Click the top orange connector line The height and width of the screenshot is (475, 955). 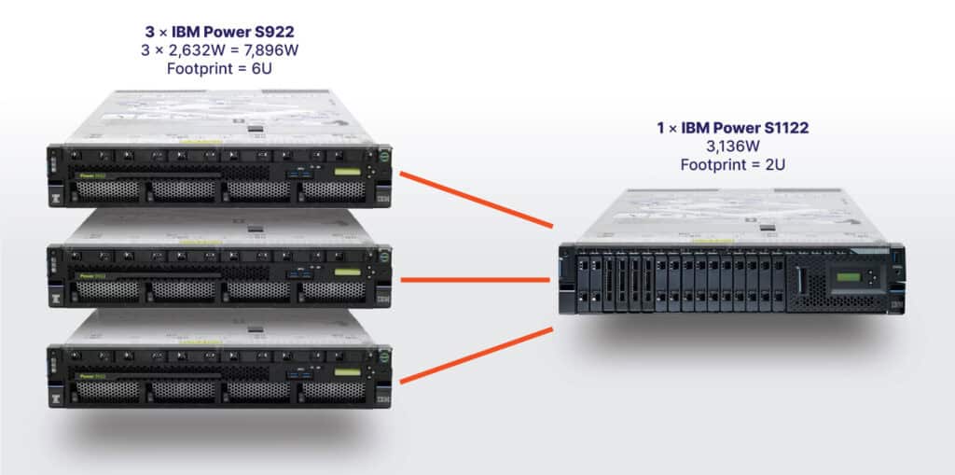[x=476, y=198]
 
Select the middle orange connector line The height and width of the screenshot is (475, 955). [x=476, y=279]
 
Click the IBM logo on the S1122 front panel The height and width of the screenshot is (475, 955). [x=896, y=304]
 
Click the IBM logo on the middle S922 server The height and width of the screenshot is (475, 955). [x=382, y=299]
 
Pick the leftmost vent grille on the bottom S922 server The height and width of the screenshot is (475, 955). [x=107, y=391]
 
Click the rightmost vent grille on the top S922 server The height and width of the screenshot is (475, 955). [x=333, y=190]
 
